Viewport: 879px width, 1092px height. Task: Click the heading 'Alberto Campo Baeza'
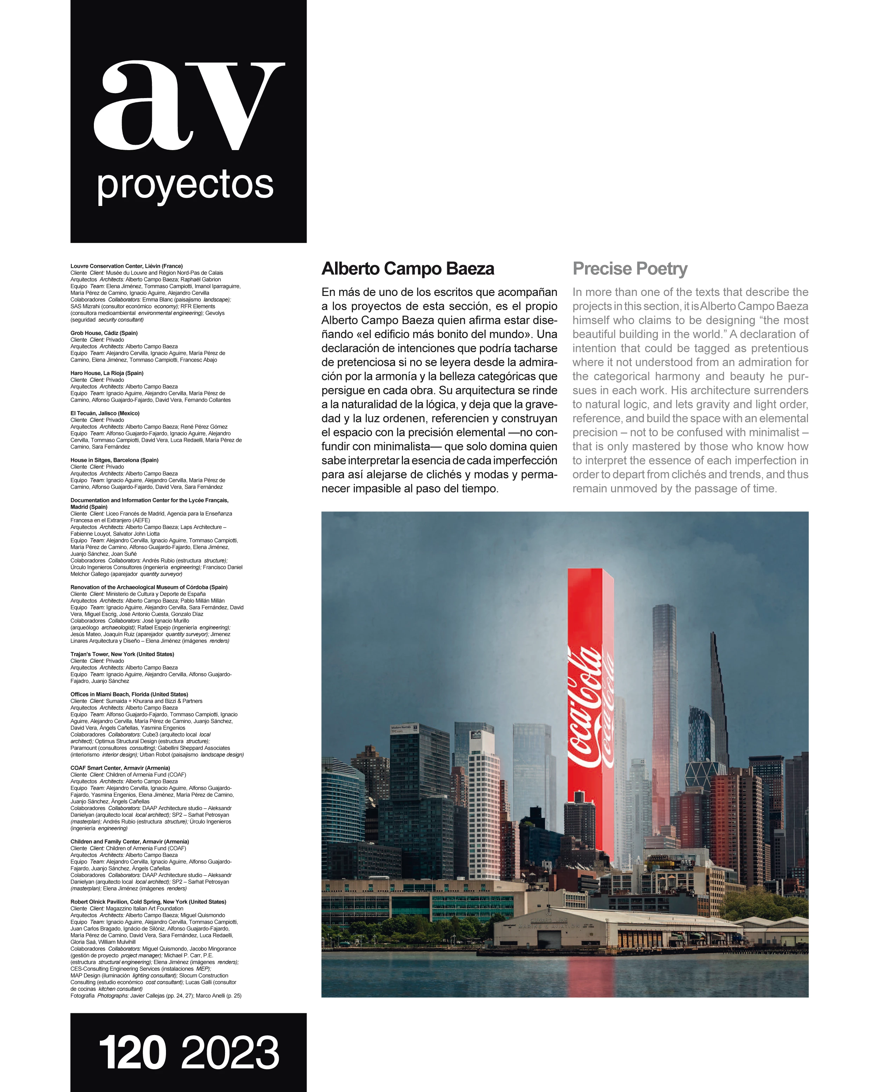pyautogui.click(x=408, y=269)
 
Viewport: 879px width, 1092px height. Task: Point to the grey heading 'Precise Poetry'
pyautogui.click(x=630, y=269)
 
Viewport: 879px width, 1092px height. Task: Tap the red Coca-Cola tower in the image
pyautogui.click(x=590, y=709)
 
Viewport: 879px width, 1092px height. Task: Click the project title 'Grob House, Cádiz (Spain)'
pyautogui.click(x=104, y=333)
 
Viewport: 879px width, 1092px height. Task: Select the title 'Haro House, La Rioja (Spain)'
pyautogui.click(x=107, y=373)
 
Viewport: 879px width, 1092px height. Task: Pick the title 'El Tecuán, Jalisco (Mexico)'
pyautogui.click(x=105, y=413)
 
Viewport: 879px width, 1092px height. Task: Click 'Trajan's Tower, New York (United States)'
pyautogui.click(x=122, y=654)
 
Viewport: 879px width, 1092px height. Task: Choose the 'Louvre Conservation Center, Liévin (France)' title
pyautogui.click(x=127, y=266)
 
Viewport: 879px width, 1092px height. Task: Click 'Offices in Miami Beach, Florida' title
pyautogui.click(x=129, y=694)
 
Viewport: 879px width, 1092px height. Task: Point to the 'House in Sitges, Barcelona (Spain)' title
pyautogui.click(x=115, y=460)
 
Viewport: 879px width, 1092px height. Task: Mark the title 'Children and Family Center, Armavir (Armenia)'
pyautogui.click(x=130, y=841)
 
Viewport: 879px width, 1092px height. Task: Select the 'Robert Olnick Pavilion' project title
pyautogui.click(x=148, y=902)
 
